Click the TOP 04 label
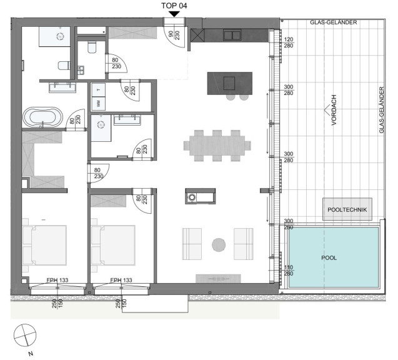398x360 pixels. [174, 6]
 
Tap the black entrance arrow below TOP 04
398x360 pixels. [174, 14]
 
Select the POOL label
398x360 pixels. [329, 258]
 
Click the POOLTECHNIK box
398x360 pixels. [347, 209]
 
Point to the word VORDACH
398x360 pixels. [334, 110]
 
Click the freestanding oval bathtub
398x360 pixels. [42, 117]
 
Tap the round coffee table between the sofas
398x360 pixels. [219, 245]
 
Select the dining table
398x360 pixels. [217, 146]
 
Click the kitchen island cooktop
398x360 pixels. [229, 83]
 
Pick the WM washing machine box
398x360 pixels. [98, 103]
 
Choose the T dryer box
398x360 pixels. [98, 89]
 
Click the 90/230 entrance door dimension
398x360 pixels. [174, 35]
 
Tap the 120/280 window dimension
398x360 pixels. [289, 42]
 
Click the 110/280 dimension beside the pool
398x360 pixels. [289, 271]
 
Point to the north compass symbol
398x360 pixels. [25, 335]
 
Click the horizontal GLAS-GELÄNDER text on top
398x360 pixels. [333, 22]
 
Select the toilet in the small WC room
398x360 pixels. [92, 47]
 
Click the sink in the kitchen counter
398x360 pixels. [232, 35]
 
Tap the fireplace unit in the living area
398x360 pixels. [201, 196]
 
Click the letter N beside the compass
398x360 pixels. [31, 353]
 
